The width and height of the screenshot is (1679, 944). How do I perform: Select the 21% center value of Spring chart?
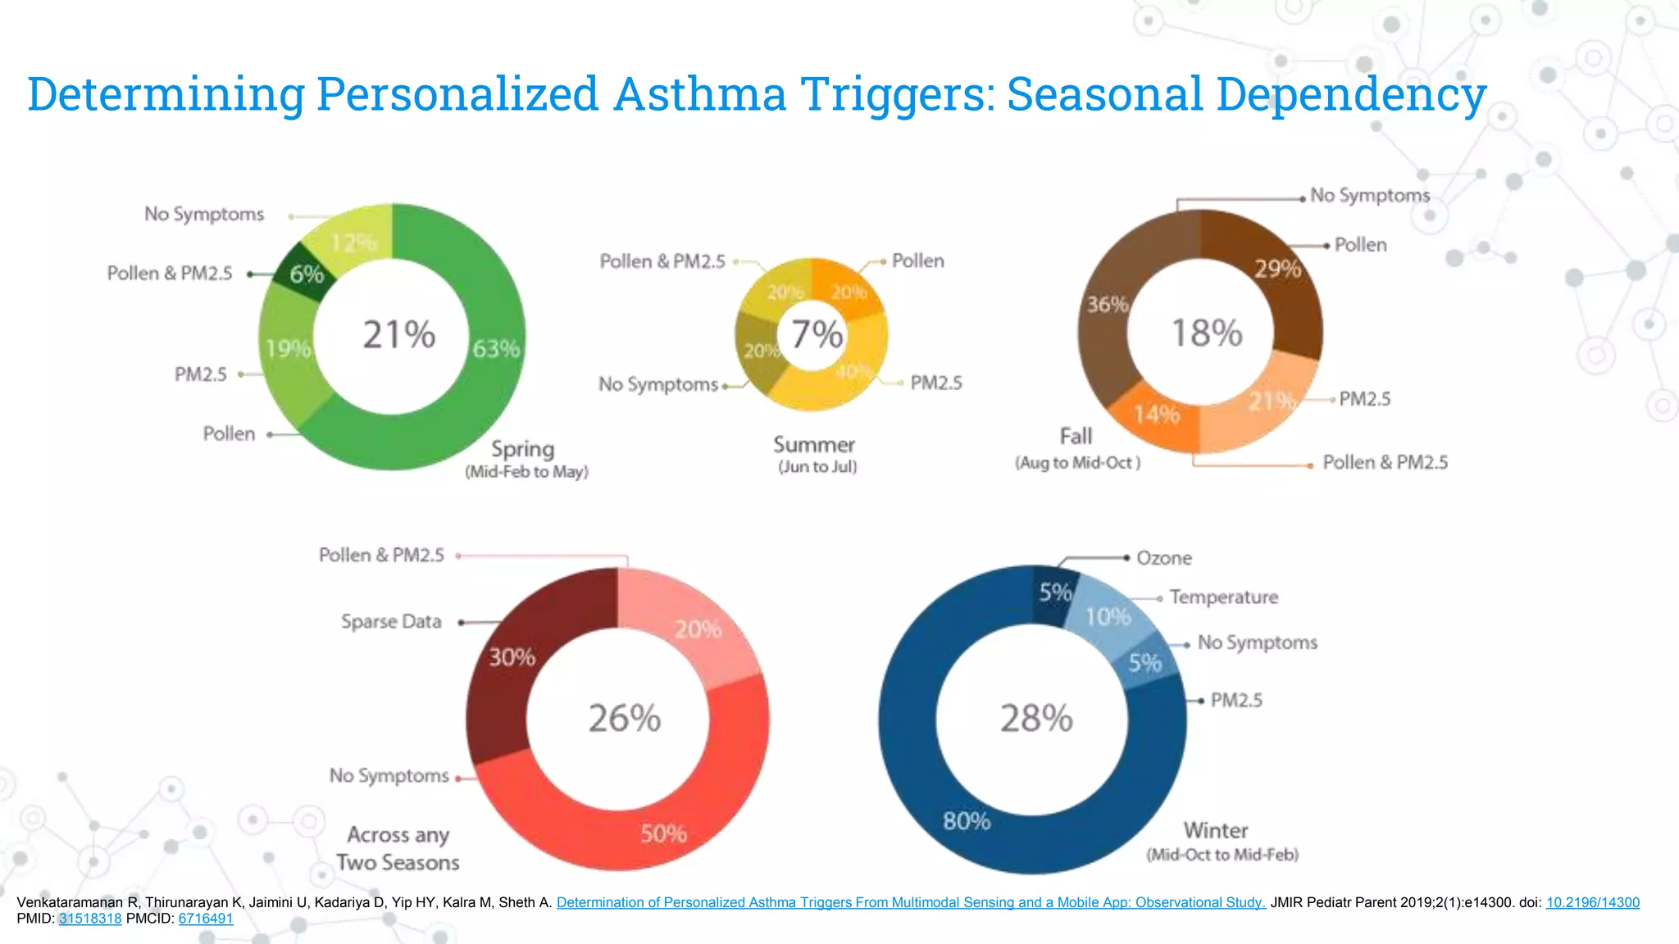point(398,334)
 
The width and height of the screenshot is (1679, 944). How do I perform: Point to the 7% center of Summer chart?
point(816,334)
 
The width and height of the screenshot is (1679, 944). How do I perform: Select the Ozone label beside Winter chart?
point(1163,558)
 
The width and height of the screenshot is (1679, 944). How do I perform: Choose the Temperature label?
point(1223,597)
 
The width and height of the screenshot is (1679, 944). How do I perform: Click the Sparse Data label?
point(391,622)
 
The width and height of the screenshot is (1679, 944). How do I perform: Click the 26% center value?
point(624,719)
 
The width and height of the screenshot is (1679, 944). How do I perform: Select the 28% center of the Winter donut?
point(1036,719)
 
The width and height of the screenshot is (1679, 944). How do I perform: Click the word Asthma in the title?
point(700,93)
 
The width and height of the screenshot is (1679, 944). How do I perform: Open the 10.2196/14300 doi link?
point(1592,902)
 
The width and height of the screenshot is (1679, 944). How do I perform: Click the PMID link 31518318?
point(90,919)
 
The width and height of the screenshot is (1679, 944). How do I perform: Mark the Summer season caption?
point(814,445)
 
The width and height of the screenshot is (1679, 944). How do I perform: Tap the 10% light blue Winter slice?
point(1108,616)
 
